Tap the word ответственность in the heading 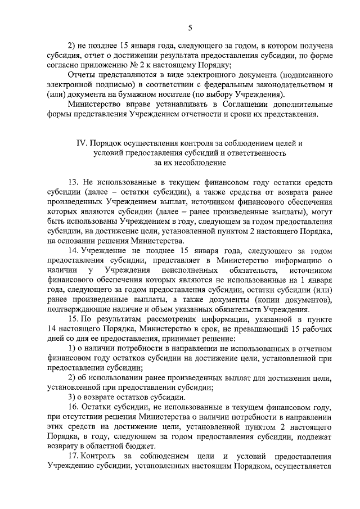[x=259, y=153]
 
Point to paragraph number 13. [x=73, y=183]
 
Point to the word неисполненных [x=183, y=272]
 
